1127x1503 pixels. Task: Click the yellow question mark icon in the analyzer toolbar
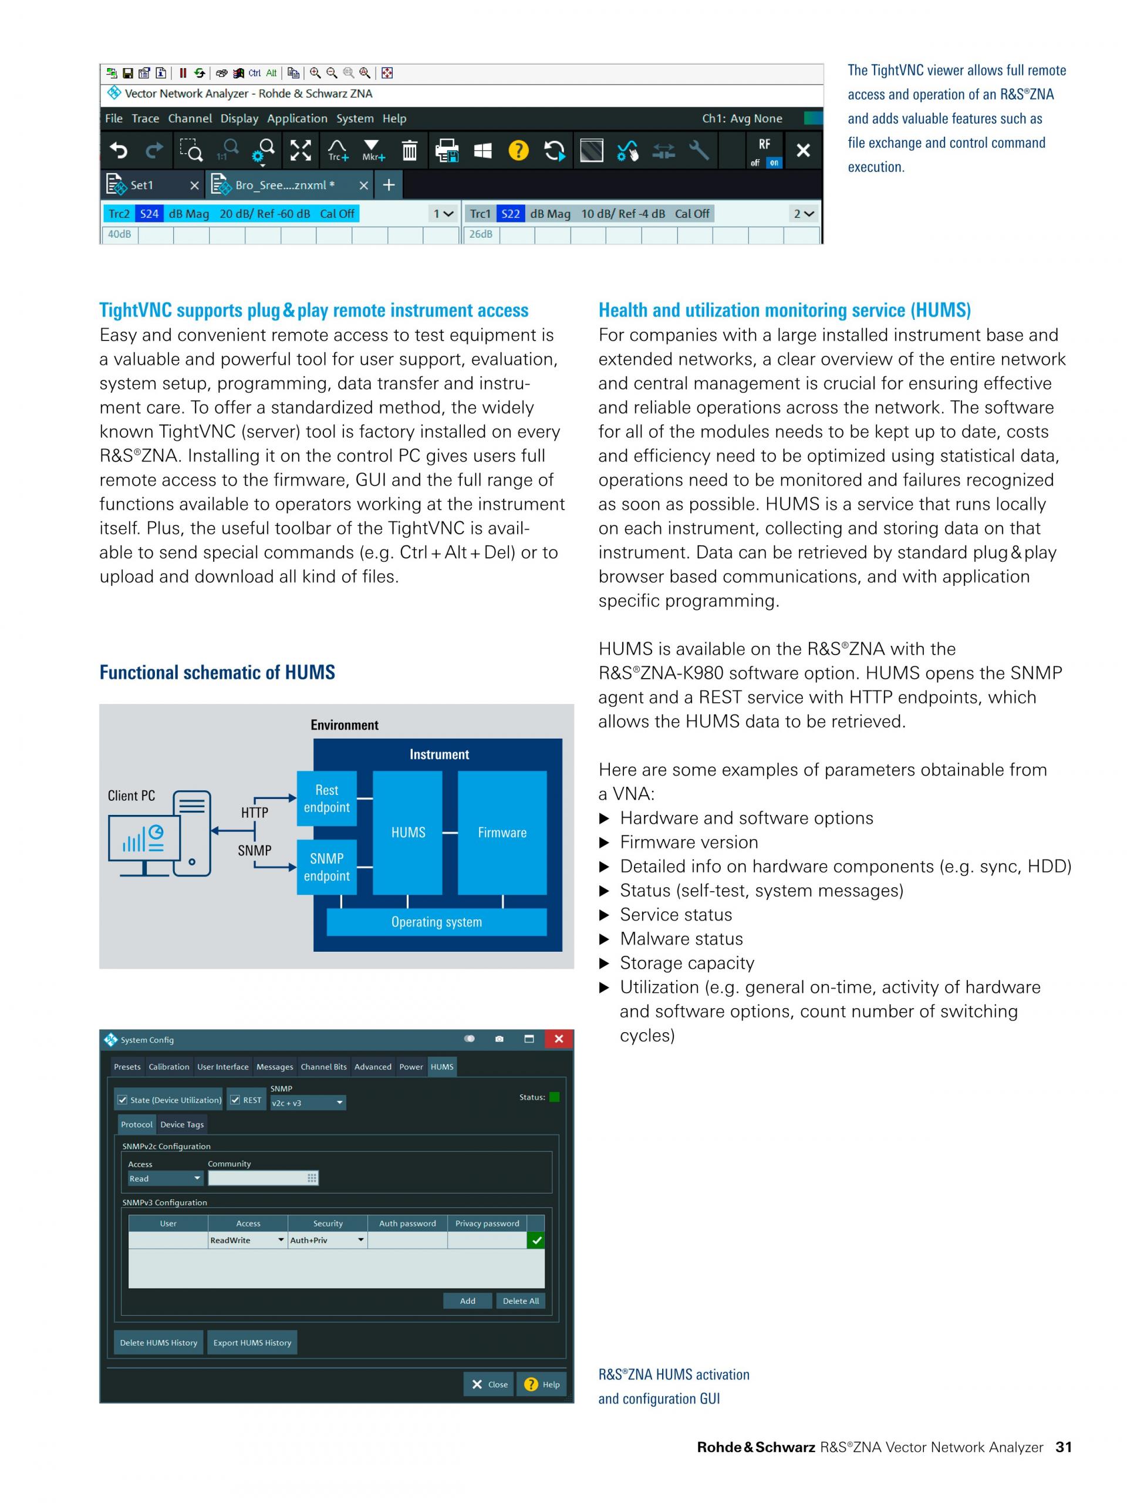tap(518, 150)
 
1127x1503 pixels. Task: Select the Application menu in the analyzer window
tap(297, 118)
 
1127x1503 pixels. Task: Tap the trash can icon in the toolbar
tap(410, 150)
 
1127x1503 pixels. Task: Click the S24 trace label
tap(149, 213)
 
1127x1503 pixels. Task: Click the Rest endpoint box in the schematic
tap(327, 798)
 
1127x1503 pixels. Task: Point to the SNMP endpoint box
tap(327, 867)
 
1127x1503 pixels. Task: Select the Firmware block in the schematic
tap(502, 833)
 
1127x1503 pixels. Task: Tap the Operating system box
tap(436, 922)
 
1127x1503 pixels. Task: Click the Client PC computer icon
tap(160, 833)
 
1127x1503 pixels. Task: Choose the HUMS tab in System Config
tap(441, 1067)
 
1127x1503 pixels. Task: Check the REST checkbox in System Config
tap(235, 1100)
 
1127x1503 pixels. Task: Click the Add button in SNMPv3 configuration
tap(467, 1300)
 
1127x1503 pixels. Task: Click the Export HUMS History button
tap(252, 1343)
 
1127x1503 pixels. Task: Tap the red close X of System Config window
tap(558, 1039)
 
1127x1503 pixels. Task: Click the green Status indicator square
tap(554, 1097)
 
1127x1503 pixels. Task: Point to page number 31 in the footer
tap(1063, 1447)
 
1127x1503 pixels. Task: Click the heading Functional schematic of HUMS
tap(217, 673)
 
